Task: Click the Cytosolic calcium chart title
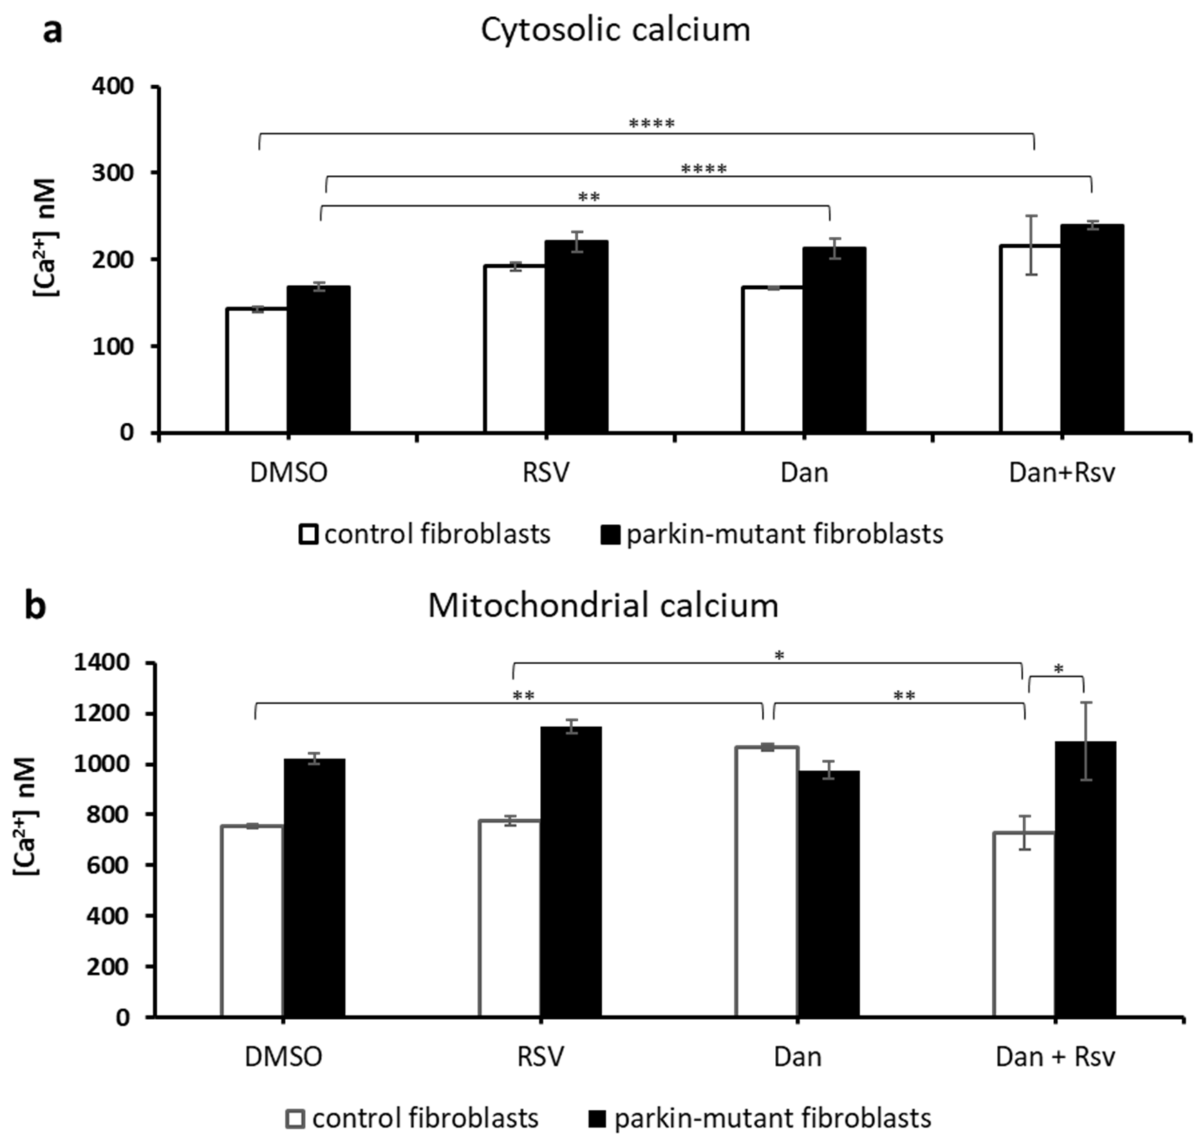(x=615, y=30)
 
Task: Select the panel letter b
(x=36, y=606)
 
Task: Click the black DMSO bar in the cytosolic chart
(x=318, y=359)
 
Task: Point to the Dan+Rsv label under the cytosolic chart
(x=1062, y=473)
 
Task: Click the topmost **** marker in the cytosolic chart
(x=651, y=124)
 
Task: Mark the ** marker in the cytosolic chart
(x=588, y=197)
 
